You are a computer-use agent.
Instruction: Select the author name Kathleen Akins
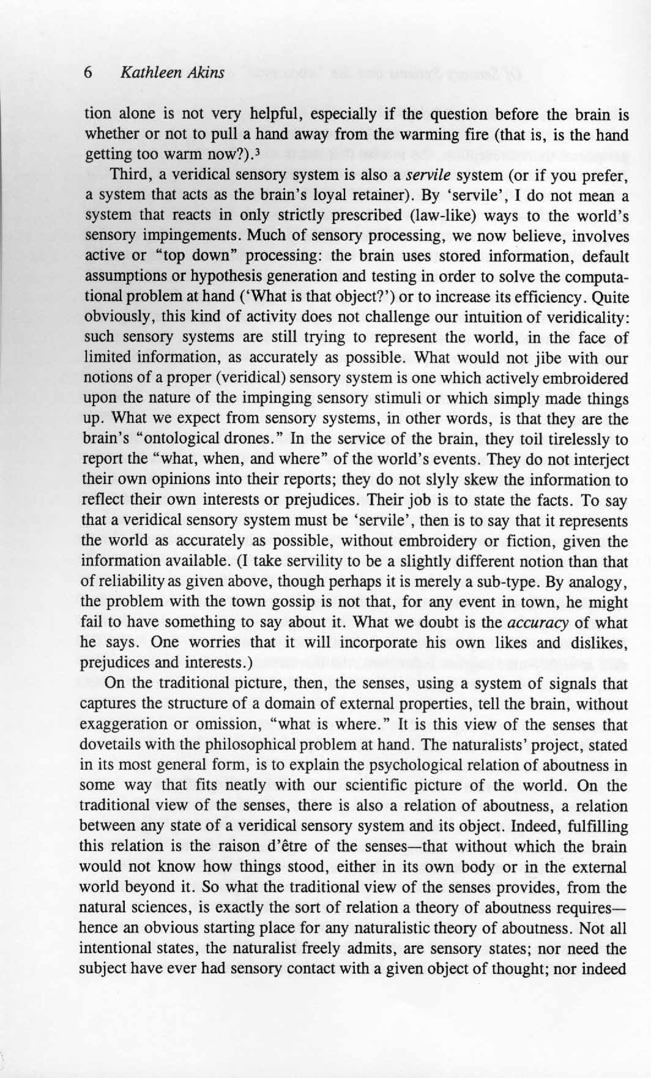(173, 73)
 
